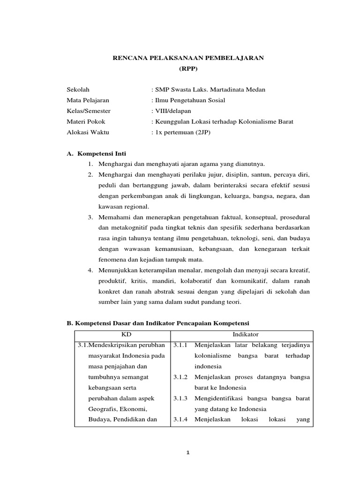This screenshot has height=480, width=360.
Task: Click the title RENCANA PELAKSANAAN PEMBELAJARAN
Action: point(189,58)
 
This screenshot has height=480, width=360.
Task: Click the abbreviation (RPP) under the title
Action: point(189,68)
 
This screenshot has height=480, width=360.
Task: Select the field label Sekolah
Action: point(78,89)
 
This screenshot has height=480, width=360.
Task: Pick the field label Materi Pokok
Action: point(86,121)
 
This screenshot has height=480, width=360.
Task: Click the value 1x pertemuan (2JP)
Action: point(182,132)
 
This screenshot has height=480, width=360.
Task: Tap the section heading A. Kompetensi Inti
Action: point(97,153)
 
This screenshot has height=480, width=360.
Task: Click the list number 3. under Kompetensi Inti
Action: point(90,217)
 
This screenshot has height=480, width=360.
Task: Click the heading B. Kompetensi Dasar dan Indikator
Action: point(158,323)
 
